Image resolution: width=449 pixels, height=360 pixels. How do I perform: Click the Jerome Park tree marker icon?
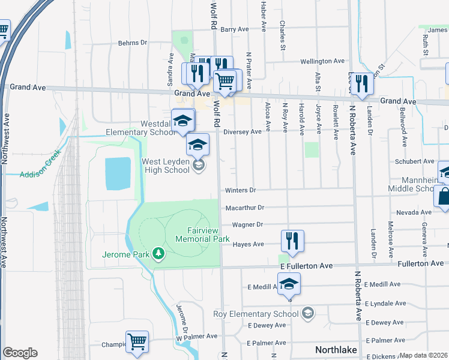tap(158, 254)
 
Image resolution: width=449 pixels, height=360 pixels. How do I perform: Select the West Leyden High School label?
tap(165, 166)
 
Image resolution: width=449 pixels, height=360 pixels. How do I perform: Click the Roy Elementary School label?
tap(256, 314)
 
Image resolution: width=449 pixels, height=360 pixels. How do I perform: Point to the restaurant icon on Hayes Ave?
tap(292, 241)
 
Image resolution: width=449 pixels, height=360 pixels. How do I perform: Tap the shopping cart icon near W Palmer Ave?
tap(137, 341)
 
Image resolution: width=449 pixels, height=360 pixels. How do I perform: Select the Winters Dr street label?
tap(240, 191)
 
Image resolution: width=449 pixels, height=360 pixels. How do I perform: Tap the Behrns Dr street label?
tap(132, 43)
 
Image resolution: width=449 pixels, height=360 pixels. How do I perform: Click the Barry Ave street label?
tap(235, 29)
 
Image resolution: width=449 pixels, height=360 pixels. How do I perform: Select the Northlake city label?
tap(336, 350)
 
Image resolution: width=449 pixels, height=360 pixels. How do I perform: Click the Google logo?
tap(20, 353)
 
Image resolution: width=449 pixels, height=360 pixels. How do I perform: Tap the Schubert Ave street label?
tap(414, 161)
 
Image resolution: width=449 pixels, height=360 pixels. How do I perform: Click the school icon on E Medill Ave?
tap(289, 283)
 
